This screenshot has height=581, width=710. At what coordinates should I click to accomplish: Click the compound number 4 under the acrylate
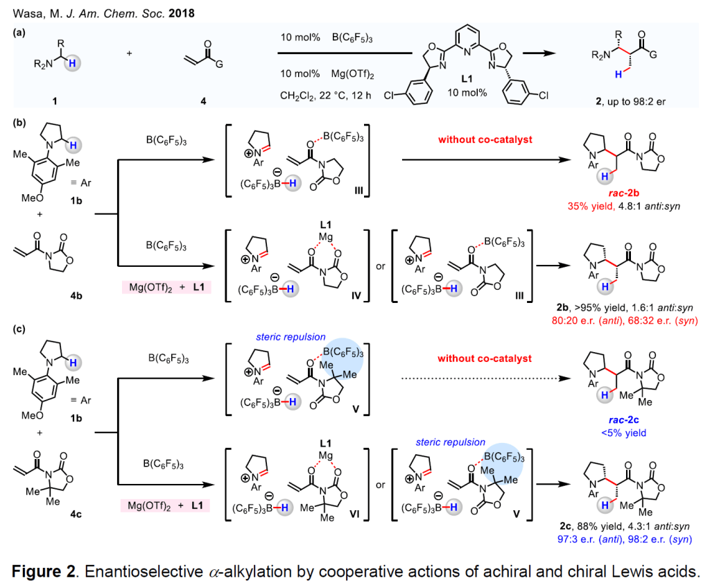click(203, 102)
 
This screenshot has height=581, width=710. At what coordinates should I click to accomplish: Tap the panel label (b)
click(20, 123)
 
